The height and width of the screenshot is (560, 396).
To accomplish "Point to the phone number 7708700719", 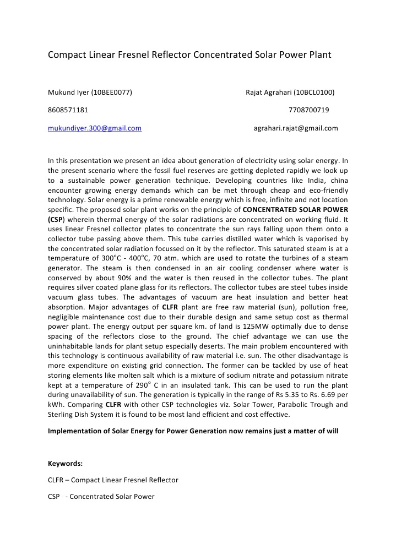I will point(309,110).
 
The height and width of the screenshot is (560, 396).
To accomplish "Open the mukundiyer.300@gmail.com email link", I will point(95,128).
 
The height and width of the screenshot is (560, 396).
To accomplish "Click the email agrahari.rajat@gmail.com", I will point(296,128).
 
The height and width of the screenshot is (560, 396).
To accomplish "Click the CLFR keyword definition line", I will point(113,480).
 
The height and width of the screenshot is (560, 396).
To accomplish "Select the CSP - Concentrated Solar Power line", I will point(101,497).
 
